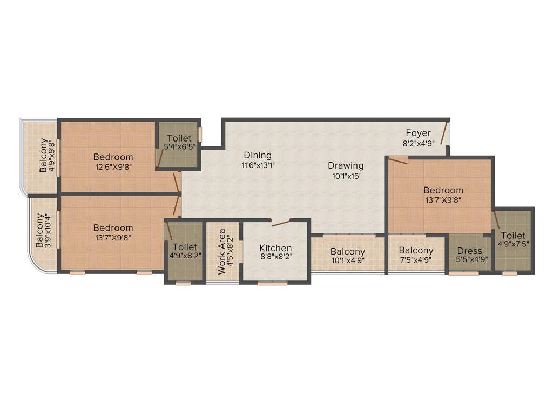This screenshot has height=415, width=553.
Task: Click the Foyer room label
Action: point(419,133)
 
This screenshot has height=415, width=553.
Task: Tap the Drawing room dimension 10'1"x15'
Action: point(346,176)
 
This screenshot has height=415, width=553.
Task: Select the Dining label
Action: point(257,156)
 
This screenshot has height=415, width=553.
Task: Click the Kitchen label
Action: point(276,248)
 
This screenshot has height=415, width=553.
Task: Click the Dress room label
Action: point(469,251)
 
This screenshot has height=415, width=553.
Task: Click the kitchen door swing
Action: point(281,223)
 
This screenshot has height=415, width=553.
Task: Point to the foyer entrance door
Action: point(445,133)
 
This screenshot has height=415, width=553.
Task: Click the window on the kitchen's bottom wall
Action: point(272,283)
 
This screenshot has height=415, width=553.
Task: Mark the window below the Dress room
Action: point(463,273)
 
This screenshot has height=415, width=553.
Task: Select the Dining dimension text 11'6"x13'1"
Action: point(257,166)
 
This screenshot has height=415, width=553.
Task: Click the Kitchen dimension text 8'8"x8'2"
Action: point(276,258)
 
